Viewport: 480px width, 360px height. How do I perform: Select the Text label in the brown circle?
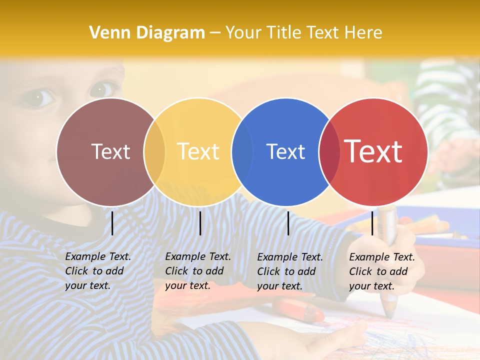point(110,151)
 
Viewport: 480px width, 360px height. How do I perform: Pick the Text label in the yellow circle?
point(198,151)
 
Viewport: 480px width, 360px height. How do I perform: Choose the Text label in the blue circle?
point(285,151)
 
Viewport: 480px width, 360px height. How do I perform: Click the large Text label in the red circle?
point(373,151)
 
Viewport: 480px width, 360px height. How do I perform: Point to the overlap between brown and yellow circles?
point(154,152)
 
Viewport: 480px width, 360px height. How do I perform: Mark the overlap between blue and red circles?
point(329,152)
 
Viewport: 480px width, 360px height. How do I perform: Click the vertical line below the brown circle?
point(112,223)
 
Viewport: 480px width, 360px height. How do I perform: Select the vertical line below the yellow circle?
point(200,223)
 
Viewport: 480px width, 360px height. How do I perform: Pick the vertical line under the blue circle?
point(288,223)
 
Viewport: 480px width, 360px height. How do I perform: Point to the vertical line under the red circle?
point(372,223)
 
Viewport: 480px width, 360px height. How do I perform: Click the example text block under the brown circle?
point(97,271)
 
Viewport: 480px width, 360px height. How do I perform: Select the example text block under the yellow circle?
point(197,271)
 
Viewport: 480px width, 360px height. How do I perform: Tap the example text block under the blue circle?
point(289,271)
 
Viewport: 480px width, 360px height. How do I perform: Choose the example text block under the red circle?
point(381,271)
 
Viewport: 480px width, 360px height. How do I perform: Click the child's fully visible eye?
point(38,97)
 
